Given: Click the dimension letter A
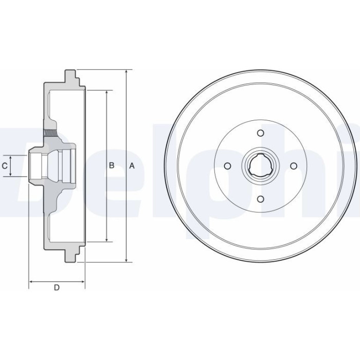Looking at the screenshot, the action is pos(132,166).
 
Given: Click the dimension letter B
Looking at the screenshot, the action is pos(112,165).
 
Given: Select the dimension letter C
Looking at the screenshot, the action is pos(5,166).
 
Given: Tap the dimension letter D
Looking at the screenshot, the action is pos(57,287).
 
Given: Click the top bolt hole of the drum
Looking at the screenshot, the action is pos(260,133).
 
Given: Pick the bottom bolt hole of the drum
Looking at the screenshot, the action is pos(260,199).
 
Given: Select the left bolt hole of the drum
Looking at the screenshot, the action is pos(227,166).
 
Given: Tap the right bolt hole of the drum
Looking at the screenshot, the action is pos(294,166).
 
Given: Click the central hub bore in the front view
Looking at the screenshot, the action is pos(260,166).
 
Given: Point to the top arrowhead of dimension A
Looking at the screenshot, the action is pos(127,71).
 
